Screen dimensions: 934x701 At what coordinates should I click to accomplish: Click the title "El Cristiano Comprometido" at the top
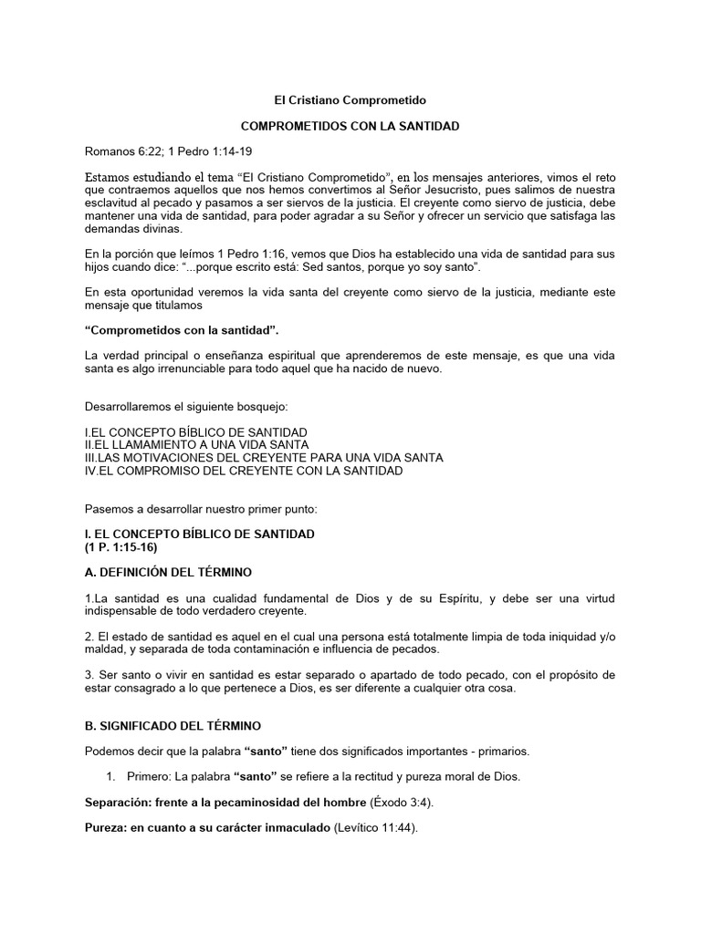coord(350,99)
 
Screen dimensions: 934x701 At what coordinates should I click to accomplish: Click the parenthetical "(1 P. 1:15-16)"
coord(123,546)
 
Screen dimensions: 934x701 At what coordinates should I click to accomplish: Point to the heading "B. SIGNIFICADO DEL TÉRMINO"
coord(173,726)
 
